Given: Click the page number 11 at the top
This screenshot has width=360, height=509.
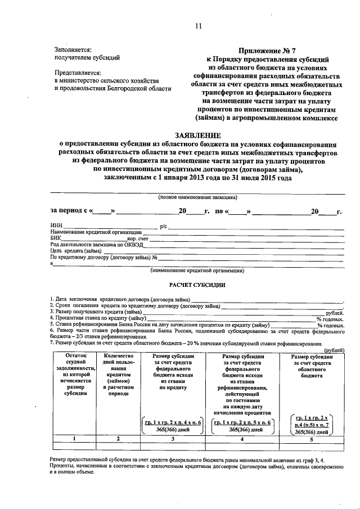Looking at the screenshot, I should [x=197, y=25].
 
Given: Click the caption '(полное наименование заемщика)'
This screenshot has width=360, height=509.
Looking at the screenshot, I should [x=197, y=197].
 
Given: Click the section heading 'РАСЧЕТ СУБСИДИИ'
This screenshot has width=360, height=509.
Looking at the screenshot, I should [x=197, y=285].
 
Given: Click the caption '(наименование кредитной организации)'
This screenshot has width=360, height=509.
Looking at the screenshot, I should [x=197, y=271].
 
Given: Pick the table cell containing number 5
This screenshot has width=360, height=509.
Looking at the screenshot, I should [x=310, y=438].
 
